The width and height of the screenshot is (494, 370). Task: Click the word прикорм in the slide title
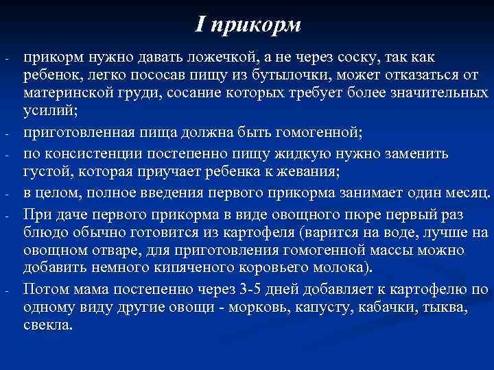[257, 25]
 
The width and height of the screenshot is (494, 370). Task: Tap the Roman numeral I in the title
[200, 25]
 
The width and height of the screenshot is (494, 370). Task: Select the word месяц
[465, 189]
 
